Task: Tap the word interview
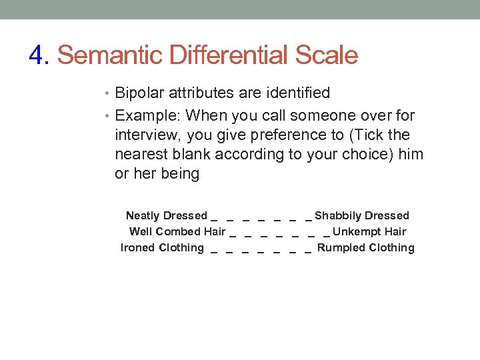click(x=147, y=135)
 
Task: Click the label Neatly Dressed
click(x=167, y=216)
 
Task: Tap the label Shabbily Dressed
click(x=362, y=216)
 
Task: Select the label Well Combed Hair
click(x=177, y=232)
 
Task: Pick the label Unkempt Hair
click(x=369, y=232)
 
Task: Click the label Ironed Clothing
click(x=162, y=248)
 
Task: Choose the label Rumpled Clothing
click(x=366, y=248)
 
